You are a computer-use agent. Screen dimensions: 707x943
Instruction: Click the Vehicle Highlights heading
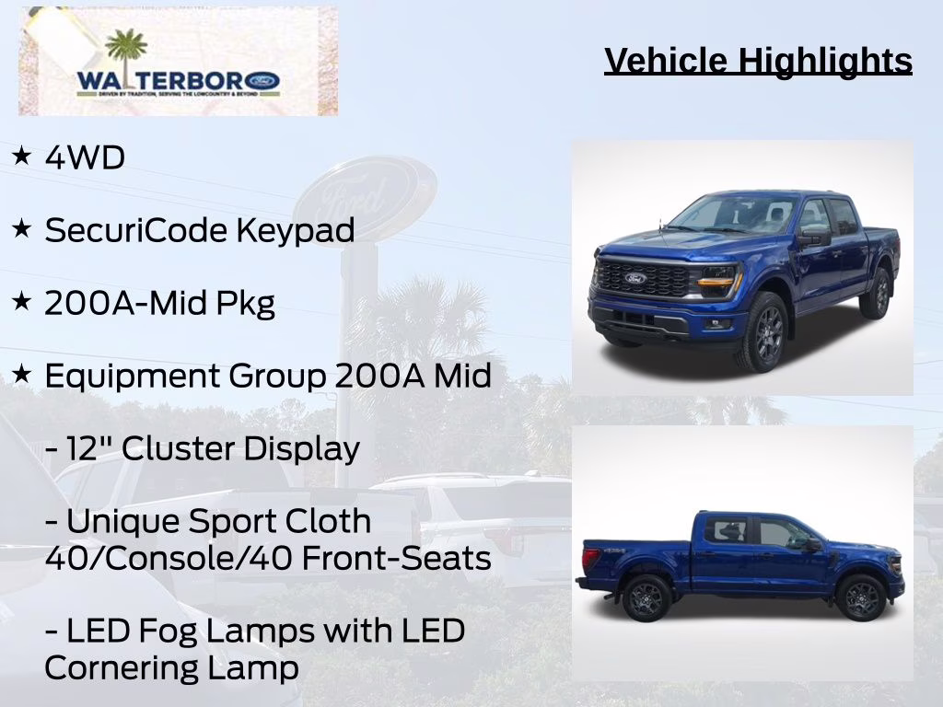click(x=758, y=61)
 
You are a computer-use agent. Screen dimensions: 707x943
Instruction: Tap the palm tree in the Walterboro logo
click(x=126, y=52)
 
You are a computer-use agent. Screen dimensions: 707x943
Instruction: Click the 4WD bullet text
click(x=85, y=158)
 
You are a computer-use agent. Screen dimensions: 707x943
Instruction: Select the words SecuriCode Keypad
click(x=199, y=231)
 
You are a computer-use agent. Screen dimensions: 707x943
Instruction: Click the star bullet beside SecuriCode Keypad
click(x=22, y=229)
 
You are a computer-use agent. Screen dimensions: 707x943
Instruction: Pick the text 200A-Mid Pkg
click(x=159, y=304)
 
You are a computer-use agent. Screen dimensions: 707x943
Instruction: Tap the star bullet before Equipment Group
click(x=22, y=375)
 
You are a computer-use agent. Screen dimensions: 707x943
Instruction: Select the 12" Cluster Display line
click(x=202, y=449)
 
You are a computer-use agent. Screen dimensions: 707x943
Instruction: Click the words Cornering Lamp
click(x=171, y=668)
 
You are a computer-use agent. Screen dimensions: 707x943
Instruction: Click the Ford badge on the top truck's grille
click(x=635, y=278)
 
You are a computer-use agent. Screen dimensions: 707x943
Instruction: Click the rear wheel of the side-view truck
click(x=645, y=598)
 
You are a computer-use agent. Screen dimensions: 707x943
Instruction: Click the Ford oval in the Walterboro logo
click(x=264, y=81)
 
